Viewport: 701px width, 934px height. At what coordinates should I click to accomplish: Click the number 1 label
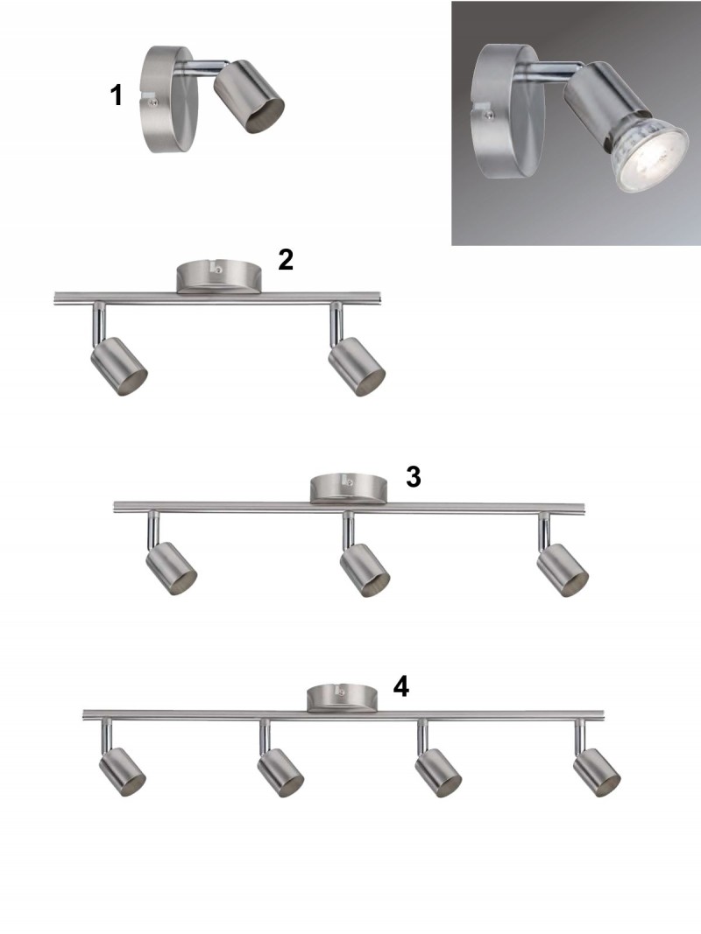(x=117, y=95)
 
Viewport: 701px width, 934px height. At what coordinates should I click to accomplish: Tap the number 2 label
(x=286, y=260)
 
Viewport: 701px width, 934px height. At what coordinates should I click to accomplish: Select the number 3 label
(x=413, y=476)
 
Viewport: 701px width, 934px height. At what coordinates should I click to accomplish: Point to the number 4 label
(x=401, y=686)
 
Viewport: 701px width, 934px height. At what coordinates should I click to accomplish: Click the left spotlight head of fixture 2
(x=118, y=366)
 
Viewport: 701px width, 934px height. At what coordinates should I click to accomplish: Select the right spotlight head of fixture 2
(x=357, y=366)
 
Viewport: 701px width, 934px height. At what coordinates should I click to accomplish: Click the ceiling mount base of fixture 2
(x=219, y=277)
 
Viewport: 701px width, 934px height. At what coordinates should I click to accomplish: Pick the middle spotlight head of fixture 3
(x=365, y=570)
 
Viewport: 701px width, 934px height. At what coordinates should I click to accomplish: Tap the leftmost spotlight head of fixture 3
(x=172, y=569)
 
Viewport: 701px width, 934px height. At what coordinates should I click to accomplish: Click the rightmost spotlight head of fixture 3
(x=562, y=570)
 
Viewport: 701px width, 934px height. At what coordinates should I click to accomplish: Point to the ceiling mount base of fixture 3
(x=348, y=488)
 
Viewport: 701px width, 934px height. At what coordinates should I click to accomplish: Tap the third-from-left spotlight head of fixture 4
(x=438, y=773)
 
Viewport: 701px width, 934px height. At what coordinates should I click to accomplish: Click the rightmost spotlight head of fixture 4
(x=597, y=773)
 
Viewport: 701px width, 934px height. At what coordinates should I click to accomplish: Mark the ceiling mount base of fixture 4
(x=342, y=699)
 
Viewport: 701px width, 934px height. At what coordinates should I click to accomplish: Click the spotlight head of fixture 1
(x=249, y=96)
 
